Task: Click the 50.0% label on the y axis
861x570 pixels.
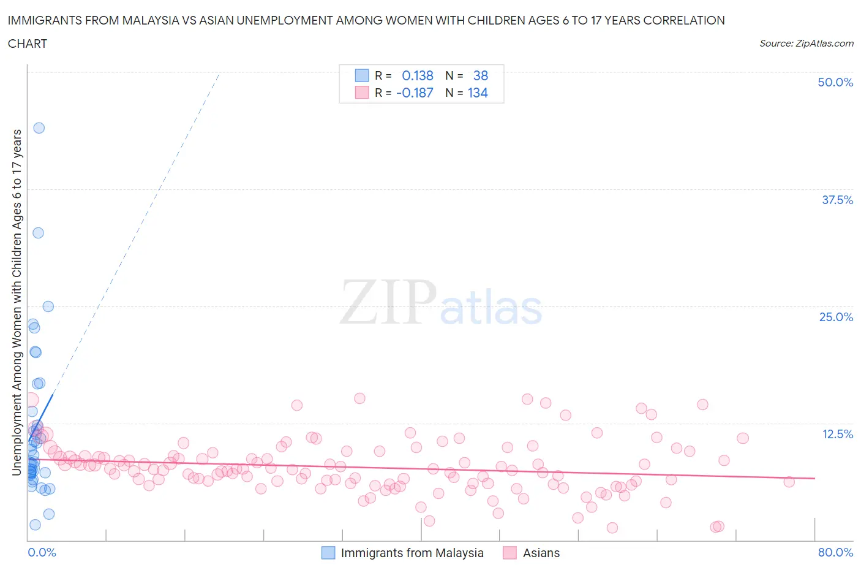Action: (x=835, y=82)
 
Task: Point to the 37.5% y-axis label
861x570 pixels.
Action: (x=837, y=200)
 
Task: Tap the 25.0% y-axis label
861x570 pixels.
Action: (x=836, y=317)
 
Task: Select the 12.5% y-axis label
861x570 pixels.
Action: (x=837, y=434)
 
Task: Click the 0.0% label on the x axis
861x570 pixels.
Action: (x=42, y=552)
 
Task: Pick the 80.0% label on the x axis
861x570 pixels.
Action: (x=835, y=552)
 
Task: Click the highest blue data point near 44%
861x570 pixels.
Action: (x=39, y=128)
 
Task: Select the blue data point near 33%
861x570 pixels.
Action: (x=38, y=233)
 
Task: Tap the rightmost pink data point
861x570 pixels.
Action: (x=789, y=482)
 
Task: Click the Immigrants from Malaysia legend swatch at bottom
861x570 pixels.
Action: (x=328, y=553)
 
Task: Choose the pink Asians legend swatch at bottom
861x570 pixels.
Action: (x=509, y=553)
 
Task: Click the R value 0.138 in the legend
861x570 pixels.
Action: (x=417, y=75)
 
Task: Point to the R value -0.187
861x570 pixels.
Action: (x=415, y=93)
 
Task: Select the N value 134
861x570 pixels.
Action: (x=478, y=93)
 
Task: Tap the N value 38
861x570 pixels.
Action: (x=481, y=75)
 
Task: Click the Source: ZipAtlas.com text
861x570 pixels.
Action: (x=806, y=43)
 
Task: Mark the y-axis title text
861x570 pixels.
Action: (x=17, y=302)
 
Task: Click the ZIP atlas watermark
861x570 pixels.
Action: (x=441, y=302)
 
